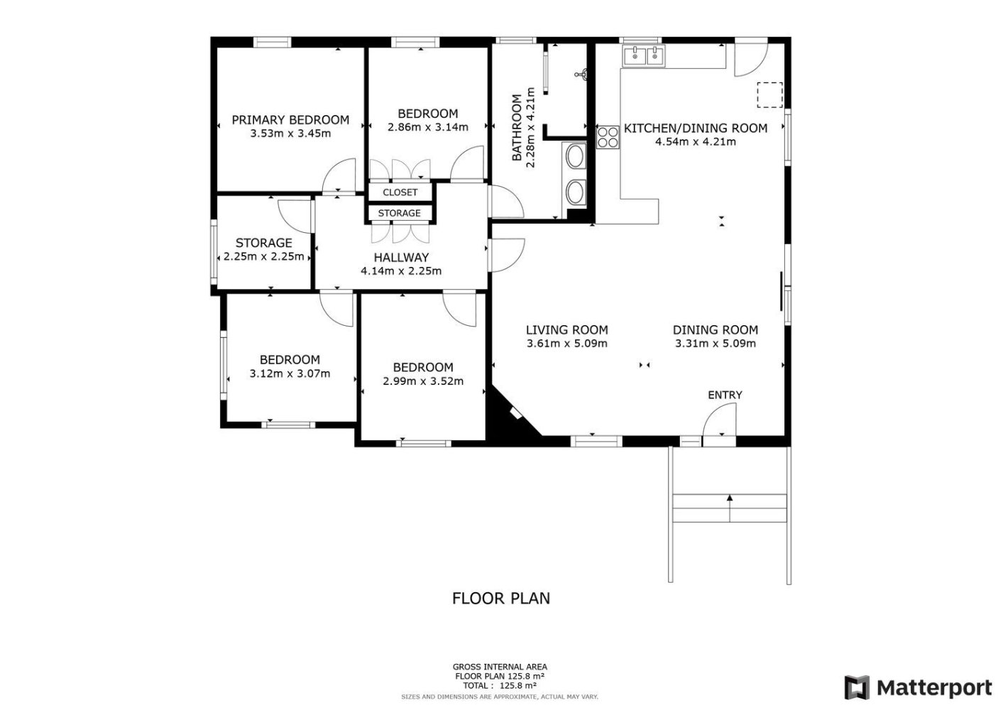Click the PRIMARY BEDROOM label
point(290,120)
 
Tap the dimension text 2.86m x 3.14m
point(427,127)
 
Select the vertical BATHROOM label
point(517,127)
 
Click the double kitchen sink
point(643,55)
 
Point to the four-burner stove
point(608,137)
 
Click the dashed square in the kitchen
point(769,95)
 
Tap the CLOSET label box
point(400,192)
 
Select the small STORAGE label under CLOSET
point(399,213)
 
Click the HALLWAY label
point(401,258)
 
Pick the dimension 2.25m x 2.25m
point(264,257)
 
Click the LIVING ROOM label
point(567,330)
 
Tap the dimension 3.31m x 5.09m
point(716,344)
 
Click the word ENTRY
point(725,395)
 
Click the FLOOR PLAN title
point(501,599)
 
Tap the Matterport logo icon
point(857,687)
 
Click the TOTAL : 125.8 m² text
point(500,685)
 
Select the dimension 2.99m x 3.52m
point(423,381)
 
